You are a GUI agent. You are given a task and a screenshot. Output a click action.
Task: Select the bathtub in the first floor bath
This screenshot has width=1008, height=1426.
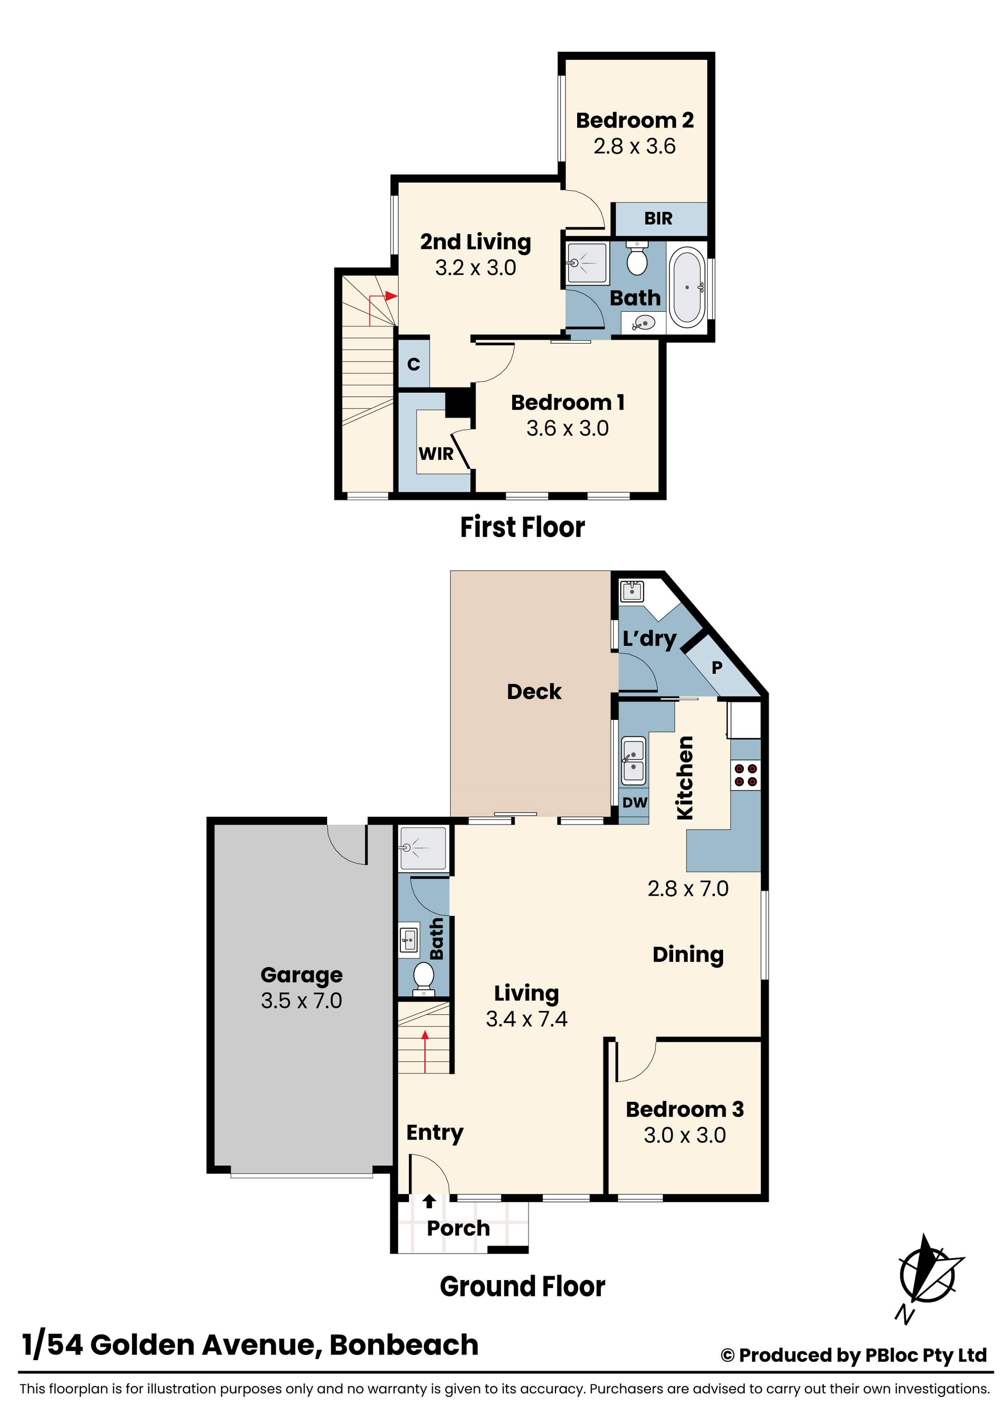pyautogui.click(x=687, y=287)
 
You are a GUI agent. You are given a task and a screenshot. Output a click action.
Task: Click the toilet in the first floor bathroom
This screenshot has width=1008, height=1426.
pyautogui.click(x=637, y=259)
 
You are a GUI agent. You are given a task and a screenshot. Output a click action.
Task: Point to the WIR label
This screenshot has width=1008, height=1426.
pyautogui.click(x=436, y=454)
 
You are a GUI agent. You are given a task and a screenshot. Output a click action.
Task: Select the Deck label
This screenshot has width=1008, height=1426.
pyautogui.click(x=534, y=692)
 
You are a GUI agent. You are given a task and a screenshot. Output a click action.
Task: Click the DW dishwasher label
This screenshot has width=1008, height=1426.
pyautogui.click(x=635, y=802)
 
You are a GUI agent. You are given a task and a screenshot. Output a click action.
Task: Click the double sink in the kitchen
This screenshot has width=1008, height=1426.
pyautogui.click(x=634, y=761)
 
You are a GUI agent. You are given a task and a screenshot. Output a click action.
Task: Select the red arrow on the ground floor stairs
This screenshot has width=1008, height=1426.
pyautogui.click(x=426, y=1052)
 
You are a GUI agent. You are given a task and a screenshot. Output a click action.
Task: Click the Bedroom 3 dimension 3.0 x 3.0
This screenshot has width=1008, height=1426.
pyautogui.click(x=684, y=1135)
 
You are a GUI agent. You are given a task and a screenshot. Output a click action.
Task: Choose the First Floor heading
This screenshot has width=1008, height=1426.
pyautogui.click(x=522, y=527)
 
